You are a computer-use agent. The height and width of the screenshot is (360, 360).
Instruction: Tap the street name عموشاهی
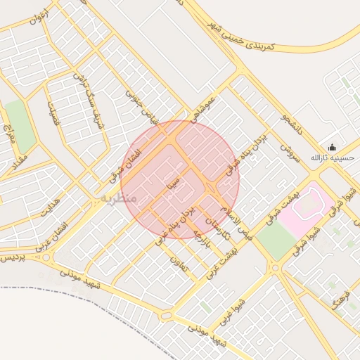[x=210, y=105]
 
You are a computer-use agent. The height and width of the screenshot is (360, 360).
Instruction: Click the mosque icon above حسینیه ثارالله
[x=332, y=147]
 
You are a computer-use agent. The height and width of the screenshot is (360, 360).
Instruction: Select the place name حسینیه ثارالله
[x=333, y=158]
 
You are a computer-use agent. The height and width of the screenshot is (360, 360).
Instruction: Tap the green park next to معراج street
[x=20, y=125]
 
